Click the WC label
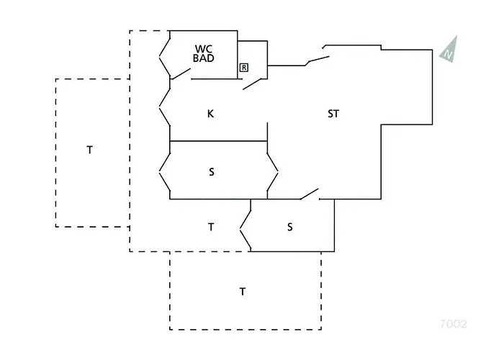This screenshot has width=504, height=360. click(204, 49)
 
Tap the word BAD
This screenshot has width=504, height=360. click(204, 58)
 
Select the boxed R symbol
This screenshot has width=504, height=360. click(244, 68)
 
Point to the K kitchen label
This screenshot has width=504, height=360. click(210, 114)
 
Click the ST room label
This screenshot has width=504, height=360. click(333, 114)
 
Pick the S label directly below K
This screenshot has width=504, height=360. click(211, 172)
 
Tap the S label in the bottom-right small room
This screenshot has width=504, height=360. click(290, 228)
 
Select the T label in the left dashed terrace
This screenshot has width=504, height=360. click(90, 150)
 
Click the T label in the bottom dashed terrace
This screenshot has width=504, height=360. click(243, 292)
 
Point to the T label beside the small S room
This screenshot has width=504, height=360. click(211, 228)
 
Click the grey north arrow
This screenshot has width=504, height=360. click(449, 49)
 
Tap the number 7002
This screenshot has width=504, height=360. click(453, 324)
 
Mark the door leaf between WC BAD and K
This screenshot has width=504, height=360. click(181, 73)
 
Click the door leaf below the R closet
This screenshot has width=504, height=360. click(255, 84)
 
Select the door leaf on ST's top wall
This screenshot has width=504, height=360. click(318, 60)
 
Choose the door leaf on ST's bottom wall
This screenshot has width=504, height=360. click(310, 194)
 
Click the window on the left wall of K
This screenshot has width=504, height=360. click(165, 107)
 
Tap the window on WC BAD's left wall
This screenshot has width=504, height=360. click(165, 58)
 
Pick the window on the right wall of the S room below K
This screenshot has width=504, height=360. click(273, 173)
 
